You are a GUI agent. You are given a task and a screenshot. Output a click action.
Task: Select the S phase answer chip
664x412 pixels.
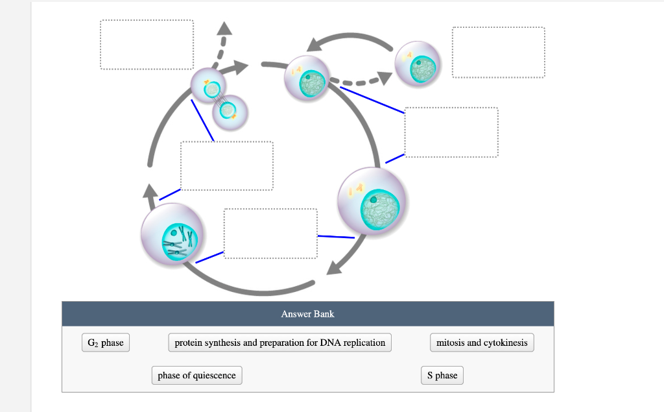pyautogui.click(x=442, y=376)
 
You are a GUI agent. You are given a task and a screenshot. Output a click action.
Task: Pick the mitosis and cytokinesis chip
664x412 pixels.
pyautogui.click(x=482, y=343)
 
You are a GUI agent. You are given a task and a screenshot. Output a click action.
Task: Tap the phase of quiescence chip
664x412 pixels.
pyautogui.click(x=197, y=376)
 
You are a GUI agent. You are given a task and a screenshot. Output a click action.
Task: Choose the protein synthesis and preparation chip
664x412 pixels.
pyautogui.click(x=280, y=343)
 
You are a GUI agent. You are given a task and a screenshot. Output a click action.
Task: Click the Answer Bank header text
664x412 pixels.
pyautogui.click(x=308, y=314)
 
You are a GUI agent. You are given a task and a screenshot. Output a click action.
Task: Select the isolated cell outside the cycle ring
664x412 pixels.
pyautogui.click(x=417, y=64)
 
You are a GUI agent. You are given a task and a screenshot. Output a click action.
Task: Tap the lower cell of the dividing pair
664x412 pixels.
pyautogui.click(x=230, y=112)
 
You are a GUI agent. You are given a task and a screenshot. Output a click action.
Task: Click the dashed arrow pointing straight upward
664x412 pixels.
pyautogui.click(x=223, y=39)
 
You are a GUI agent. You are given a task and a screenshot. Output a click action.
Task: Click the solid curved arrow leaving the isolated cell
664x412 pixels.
pyautogui.click(x=350, y=40)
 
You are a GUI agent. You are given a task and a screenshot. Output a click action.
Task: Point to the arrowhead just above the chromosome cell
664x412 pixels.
pyautogui.click(x=150, y=191)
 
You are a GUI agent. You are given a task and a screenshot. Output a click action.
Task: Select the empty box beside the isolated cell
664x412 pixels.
pyautogui.click(x=498, y=52)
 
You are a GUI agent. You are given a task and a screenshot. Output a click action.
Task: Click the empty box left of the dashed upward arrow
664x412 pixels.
pyautogui.click(x=147, y=44)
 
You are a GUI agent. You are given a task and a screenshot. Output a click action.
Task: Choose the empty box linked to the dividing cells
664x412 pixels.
pyautogui.click(x=226, y=165)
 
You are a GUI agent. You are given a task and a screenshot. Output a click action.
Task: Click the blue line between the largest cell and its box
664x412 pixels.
pyautogui.click(x=336, y=237)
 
